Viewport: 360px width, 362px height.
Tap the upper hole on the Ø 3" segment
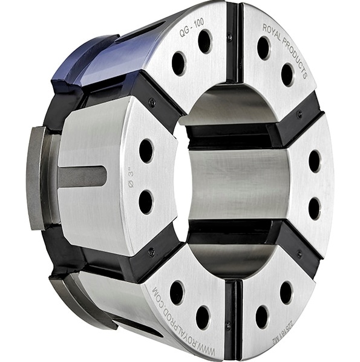tap(146, 150)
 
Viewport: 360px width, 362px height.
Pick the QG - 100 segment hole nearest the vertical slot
tap(205, 41)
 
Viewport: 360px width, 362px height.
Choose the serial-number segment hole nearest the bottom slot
tap(261, 316)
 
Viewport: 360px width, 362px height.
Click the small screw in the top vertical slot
tap(229, 37)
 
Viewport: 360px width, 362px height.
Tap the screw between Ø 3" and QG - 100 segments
tap(152, 102)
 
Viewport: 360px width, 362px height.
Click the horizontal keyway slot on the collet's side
tap(82, 176)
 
